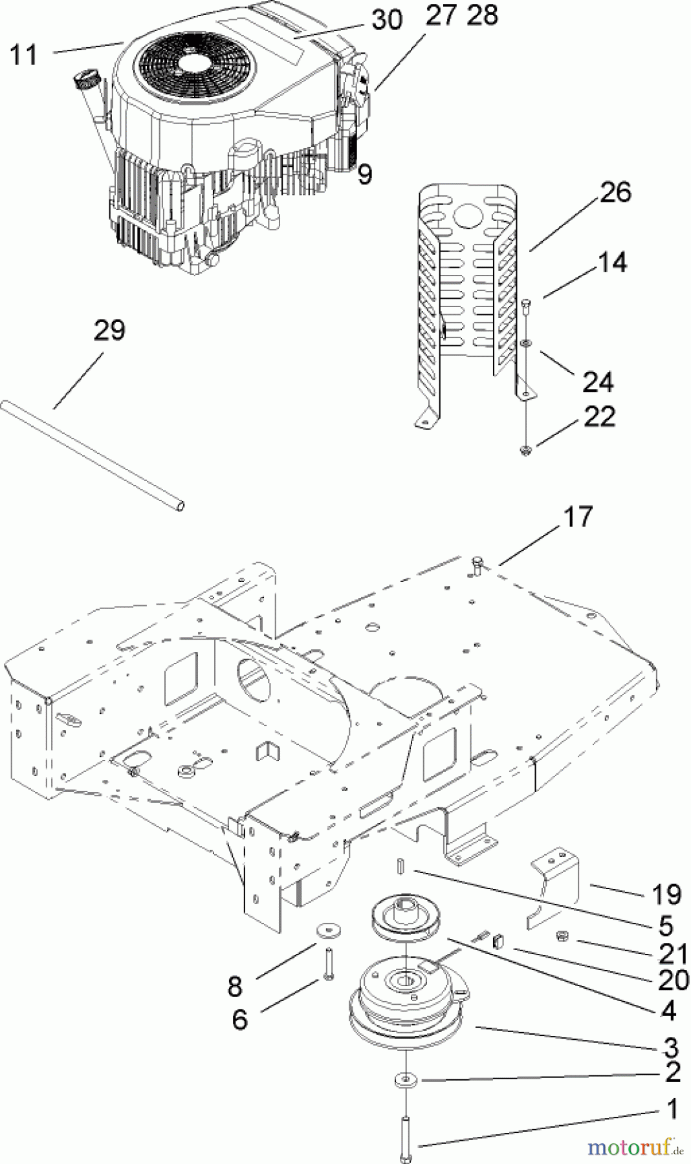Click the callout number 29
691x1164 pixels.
pyautogui.click(x=109, y=330)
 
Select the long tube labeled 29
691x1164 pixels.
pyautogui.click(x=94, y=455)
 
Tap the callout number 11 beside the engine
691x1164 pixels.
pyautogui.click(x=24, y=54)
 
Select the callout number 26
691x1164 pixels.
pyautogui.click(x=615, y=192)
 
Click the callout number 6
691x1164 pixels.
pyautogui.click(x=239, y=1020)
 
